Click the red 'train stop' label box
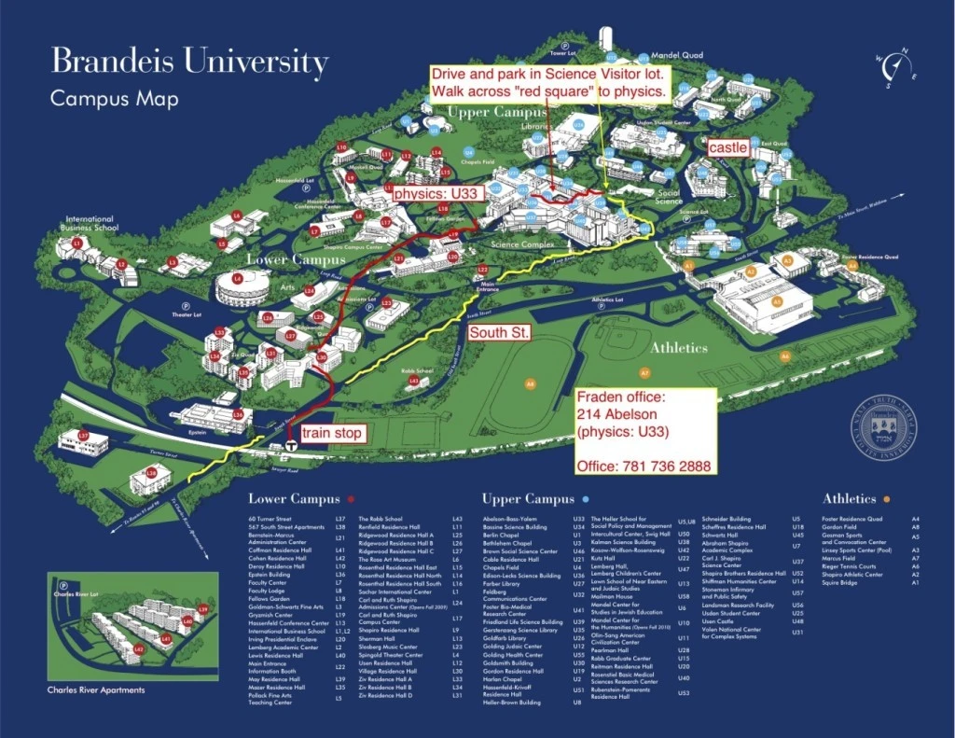click(326, 434)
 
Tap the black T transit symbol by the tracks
click(292, 445)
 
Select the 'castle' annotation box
click(727, 148)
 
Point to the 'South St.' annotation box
click(500, 332)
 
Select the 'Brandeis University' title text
click(189, 63)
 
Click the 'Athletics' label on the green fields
click(679, 347)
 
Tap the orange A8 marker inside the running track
click(531, 383)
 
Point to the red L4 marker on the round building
click(238, 279)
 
